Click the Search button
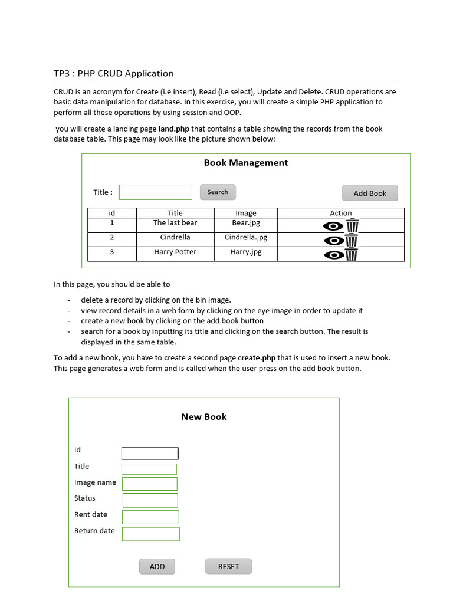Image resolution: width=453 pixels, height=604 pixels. click(218, 192)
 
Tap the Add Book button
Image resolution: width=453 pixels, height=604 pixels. click(370, 193)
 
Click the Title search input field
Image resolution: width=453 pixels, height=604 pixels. click(156, 192)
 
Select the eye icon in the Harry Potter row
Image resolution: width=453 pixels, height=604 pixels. click(334, 255)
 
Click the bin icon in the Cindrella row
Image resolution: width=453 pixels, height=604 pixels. click(352, 240)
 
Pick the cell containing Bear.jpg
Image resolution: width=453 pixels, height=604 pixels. click(246, 224)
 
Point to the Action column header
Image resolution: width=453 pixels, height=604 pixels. click(340, 213)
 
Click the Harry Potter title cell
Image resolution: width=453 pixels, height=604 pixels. click(175, 252)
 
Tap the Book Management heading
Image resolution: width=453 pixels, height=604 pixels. click(246, 163)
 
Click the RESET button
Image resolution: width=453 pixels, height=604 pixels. click(228, 566)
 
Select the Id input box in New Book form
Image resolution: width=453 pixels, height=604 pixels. click(150, 454)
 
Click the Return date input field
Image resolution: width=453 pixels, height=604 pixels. click(151, 534)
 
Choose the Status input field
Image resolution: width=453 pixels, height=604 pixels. click(150, 501)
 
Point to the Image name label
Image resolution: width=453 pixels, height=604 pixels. click(95, 482)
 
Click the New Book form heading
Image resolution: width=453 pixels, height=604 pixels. click(204, 417)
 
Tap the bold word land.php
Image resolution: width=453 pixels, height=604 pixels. click(174, 129)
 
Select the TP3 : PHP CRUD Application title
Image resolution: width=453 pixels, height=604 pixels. click(114, 74)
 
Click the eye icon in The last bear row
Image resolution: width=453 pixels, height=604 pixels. click(334, 226)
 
